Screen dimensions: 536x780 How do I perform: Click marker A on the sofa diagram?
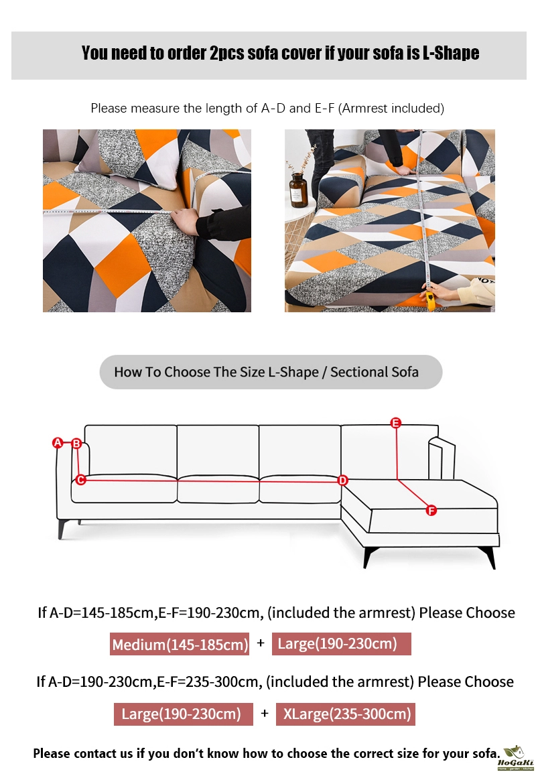58,442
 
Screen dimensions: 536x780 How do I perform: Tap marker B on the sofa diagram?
76,443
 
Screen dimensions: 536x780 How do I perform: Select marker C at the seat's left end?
80,480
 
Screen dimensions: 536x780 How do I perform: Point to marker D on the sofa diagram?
342,480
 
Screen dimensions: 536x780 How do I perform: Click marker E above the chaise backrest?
396,423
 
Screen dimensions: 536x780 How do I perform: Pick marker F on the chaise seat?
431,510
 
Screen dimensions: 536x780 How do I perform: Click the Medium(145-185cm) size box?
180,644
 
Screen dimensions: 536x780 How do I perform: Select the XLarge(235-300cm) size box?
346,714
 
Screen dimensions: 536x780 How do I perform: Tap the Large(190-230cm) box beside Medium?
342,644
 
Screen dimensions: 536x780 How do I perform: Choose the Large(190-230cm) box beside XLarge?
184,714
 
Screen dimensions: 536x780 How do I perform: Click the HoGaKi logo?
515,758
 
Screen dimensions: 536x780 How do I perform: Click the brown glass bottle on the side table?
298,190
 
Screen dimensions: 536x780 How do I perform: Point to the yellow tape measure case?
430,301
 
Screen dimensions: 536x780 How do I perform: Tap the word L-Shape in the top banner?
451,53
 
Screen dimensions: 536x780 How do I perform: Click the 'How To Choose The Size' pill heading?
271,372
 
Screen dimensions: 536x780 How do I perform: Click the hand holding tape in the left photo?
186,220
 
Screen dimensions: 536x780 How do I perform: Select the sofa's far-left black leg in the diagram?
62,529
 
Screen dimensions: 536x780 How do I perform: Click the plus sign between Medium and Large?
261,643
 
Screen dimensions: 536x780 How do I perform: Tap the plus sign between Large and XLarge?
265,714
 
